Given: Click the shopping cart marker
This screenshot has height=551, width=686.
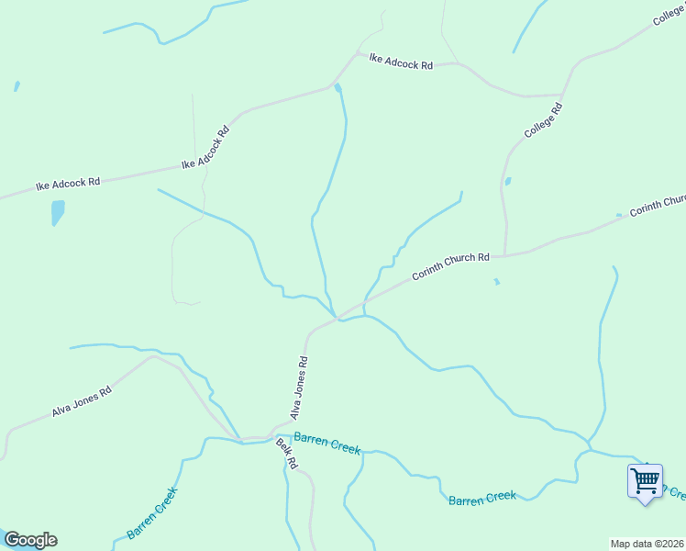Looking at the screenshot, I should [x=646, y=480].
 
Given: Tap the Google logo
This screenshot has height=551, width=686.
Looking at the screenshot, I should [x=30, y=540].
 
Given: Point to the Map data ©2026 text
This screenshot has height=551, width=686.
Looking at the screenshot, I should [x=647, y=544].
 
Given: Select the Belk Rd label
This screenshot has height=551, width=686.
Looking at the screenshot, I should [x=287, y=454].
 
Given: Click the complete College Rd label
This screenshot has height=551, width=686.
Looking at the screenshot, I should [x=543, y=121].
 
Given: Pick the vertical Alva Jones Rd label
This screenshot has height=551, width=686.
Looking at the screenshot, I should [x=300, y=388].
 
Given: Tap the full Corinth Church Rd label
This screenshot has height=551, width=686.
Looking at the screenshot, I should [x=450, y=266].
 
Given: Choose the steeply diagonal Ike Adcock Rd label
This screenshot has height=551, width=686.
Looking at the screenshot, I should [x=205, y=147].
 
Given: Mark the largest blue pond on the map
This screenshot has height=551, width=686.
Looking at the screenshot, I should [x=58, y=213].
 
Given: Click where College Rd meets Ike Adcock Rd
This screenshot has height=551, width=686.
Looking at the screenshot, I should [x=561, y=95].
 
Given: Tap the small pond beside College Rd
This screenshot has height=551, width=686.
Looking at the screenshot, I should [x=508, y=182].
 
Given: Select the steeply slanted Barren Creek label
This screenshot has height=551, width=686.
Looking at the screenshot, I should [x=151, y=512].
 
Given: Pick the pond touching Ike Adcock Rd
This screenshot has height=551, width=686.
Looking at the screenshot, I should [x=338, y=88].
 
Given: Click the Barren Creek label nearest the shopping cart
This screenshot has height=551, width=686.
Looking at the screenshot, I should [x=482, y=498].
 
